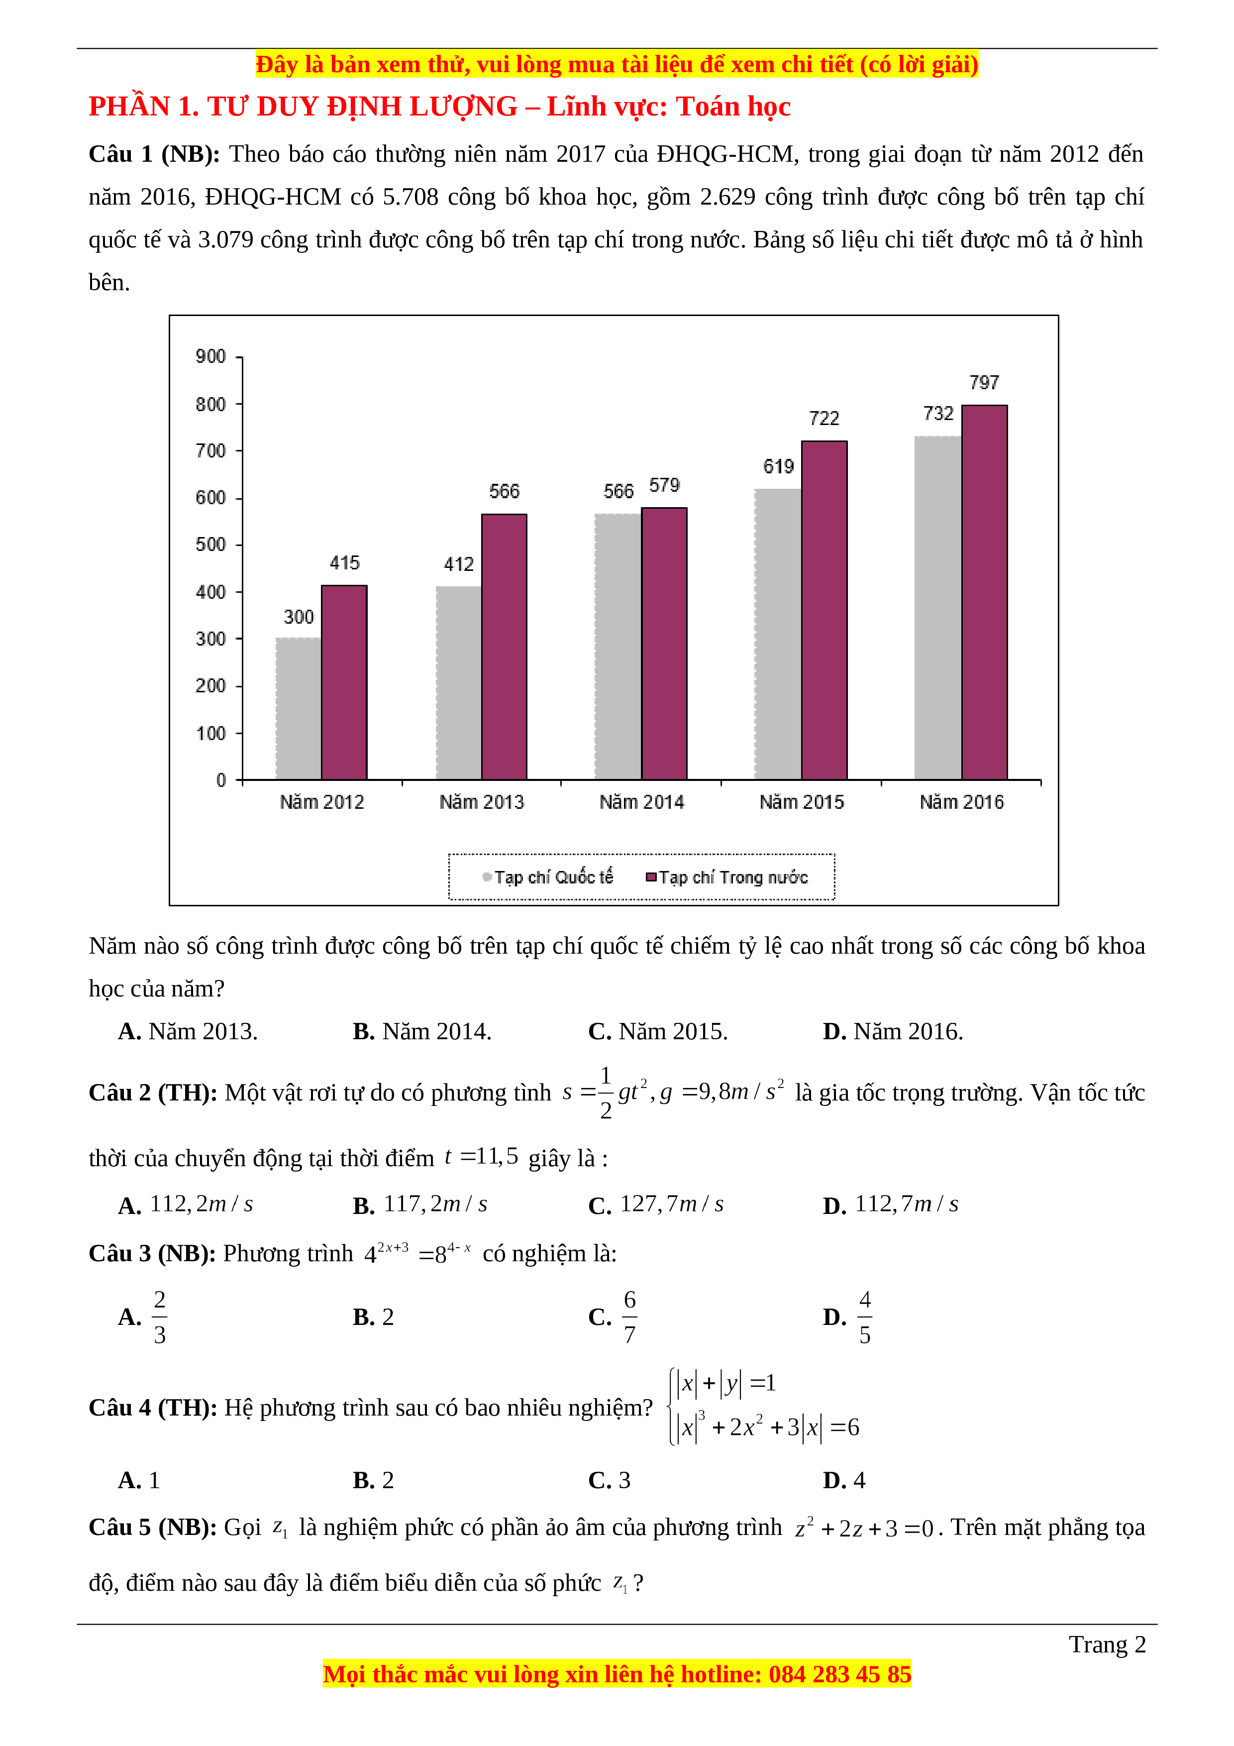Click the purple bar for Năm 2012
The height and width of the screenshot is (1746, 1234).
coord(344,682)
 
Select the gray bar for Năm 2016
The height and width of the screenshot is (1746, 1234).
coord(938,608)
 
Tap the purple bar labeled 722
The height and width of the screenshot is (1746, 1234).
coord(824,610)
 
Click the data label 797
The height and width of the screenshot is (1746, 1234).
coord(984,383)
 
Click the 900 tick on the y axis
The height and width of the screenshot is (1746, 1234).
coord(210,357)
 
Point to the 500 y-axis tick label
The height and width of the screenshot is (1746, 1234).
coord(210,545)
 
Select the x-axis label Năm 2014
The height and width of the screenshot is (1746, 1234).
coord(642,802)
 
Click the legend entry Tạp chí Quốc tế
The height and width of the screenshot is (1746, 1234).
coord(548,877)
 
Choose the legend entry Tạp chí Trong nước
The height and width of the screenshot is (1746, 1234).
coord(727,877)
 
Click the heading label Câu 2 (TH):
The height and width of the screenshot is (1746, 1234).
coord(153,1093)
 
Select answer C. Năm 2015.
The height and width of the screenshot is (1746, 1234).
coord(658,1031)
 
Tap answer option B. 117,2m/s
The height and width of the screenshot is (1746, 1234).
coord(419,1204)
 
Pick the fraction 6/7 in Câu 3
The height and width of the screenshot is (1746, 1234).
coord(629,1316)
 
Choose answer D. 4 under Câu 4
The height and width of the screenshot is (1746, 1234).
coord(844,1480)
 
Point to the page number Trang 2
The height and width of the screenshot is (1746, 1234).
coord(1107,1644)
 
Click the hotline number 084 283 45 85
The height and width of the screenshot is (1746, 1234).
coord(839,1674)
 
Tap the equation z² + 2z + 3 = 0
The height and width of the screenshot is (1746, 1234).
coord(864,1528)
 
